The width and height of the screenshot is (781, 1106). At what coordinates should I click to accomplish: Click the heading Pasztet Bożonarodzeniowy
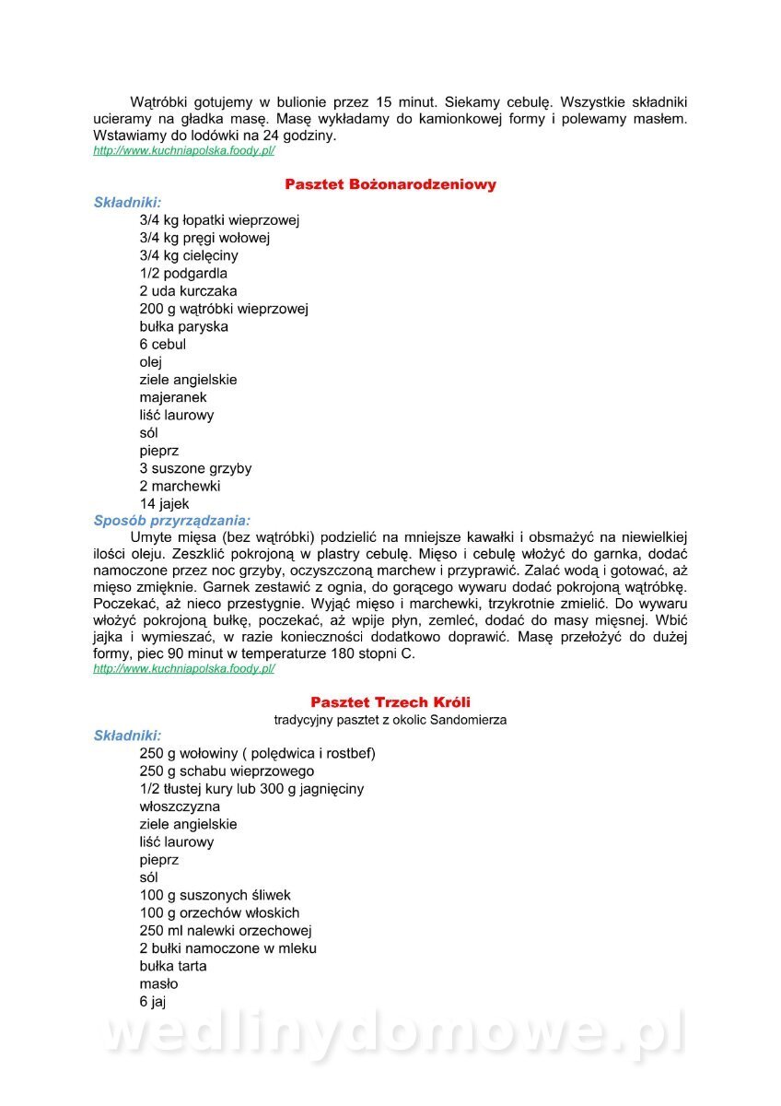pyautogui.click(x=390, y=184)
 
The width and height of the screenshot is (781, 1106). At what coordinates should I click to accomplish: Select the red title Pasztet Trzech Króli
pyautogui.click(x=390, y=702)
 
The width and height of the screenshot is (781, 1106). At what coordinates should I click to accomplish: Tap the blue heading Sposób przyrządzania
pyautogui.click(x=172, y=521)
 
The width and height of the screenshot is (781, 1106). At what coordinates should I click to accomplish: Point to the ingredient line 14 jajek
pyautogui.click(x=165, y=504)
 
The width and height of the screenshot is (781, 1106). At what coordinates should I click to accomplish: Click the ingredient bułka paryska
pyautogui.click(x=184, y=326)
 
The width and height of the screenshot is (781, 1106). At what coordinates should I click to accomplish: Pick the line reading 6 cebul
pyautogui.click(x=163, y=344)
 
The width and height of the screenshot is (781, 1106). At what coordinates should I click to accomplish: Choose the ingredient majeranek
pyautogui.click(x=173, y=397)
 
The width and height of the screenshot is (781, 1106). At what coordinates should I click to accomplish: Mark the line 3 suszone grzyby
pyautogui.click(x=195, y=468)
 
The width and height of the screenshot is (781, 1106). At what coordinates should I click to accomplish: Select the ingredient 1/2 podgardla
pyautogui.click(x=183, y=273)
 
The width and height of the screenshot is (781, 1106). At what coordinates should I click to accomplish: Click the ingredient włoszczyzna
pyautogui.click(x=180, y=806)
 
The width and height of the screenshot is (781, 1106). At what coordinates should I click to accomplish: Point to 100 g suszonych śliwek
pyautogui.click(x=215, y=895)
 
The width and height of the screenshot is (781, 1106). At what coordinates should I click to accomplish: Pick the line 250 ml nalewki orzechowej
pyautogui.click(x=226, y=930)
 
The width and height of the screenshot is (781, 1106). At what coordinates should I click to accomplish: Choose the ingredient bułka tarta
pyautogui.click(x=173, y=966)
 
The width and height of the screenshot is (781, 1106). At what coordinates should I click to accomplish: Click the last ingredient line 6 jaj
pyautogui.click(x=153, y=1001)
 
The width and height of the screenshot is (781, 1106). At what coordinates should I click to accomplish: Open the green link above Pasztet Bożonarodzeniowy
pyautogui.click(x=184, y=150)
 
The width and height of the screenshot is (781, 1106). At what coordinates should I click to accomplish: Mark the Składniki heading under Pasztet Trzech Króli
pyautogui.click(x=128, y=735)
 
